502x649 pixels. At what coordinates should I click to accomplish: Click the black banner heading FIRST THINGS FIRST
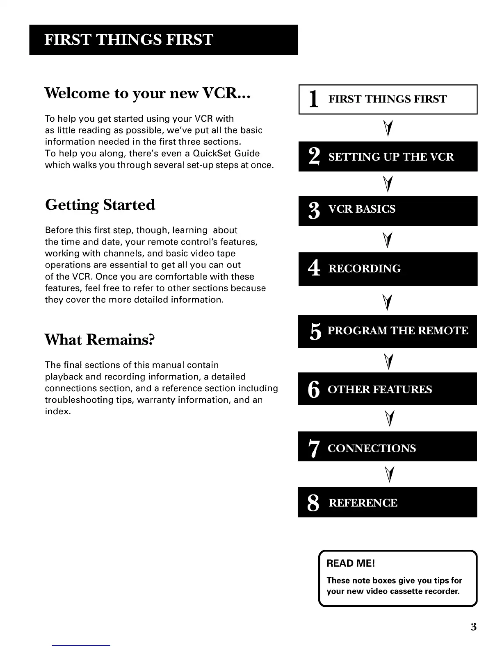click(163, 40)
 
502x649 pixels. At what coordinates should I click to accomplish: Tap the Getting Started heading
click(100, 204)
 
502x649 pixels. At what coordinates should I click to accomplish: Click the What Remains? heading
click(100, 340)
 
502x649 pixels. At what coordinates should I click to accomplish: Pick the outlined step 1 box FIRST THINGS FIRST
click(388, 99)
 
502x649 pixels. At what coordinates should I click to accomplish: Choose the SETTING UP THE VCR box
click(388, 157)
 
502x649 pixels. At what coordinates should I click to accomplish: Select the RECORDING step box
click(388, 269)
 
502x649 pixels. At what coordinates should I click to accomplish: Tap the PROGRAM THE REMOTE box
click(388, 331)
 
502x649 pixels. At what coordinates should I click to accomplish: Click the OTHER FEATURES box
click(388, 389)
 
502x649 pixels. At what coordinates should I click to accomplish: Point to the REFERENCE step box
click(388, 502)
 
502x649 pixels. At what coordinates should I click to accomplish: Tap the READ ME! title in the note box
click(351, 563)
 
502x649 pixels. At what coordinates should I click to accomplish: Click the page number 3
click(473, 627)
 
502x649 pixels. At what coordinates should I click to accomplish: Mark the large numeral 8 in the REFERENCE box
click(313, 503)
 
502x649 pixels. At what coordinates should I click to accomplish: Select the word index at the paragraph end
click(57, 411)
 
